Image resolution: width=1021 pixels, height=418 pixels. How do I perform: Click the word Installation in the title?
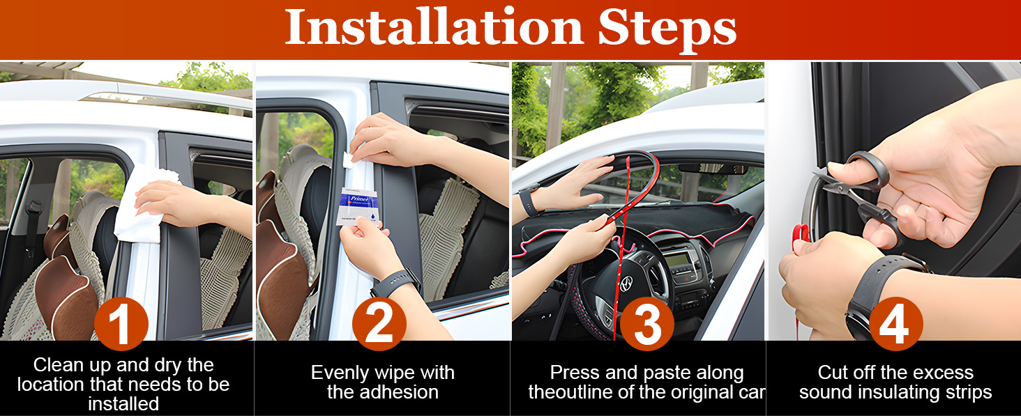pos(434,27)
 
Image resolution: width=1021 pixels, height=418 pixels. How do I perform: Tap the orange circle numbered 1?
pos(121,324)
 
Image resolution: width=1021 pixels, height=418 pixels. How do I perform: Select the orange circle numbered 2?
pos(379,324)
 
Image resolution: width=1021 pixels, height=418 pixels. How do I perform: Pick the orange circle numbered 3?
pos(646,324)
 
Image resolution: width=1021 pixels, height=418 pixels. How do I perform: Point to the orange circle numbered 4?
pos(896,324)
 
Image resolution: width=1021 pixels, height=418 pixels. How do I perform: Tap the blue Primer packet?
pos(357,207)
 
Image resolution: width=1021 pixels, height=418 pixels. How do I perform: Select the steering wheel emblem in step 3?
pos(626,283)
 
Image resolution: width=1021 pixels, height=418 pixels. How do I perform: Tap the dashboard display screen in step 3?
pos(678,260)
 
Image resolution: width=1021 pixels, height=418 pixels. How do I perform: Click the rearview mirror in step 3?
pos(713,169)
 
